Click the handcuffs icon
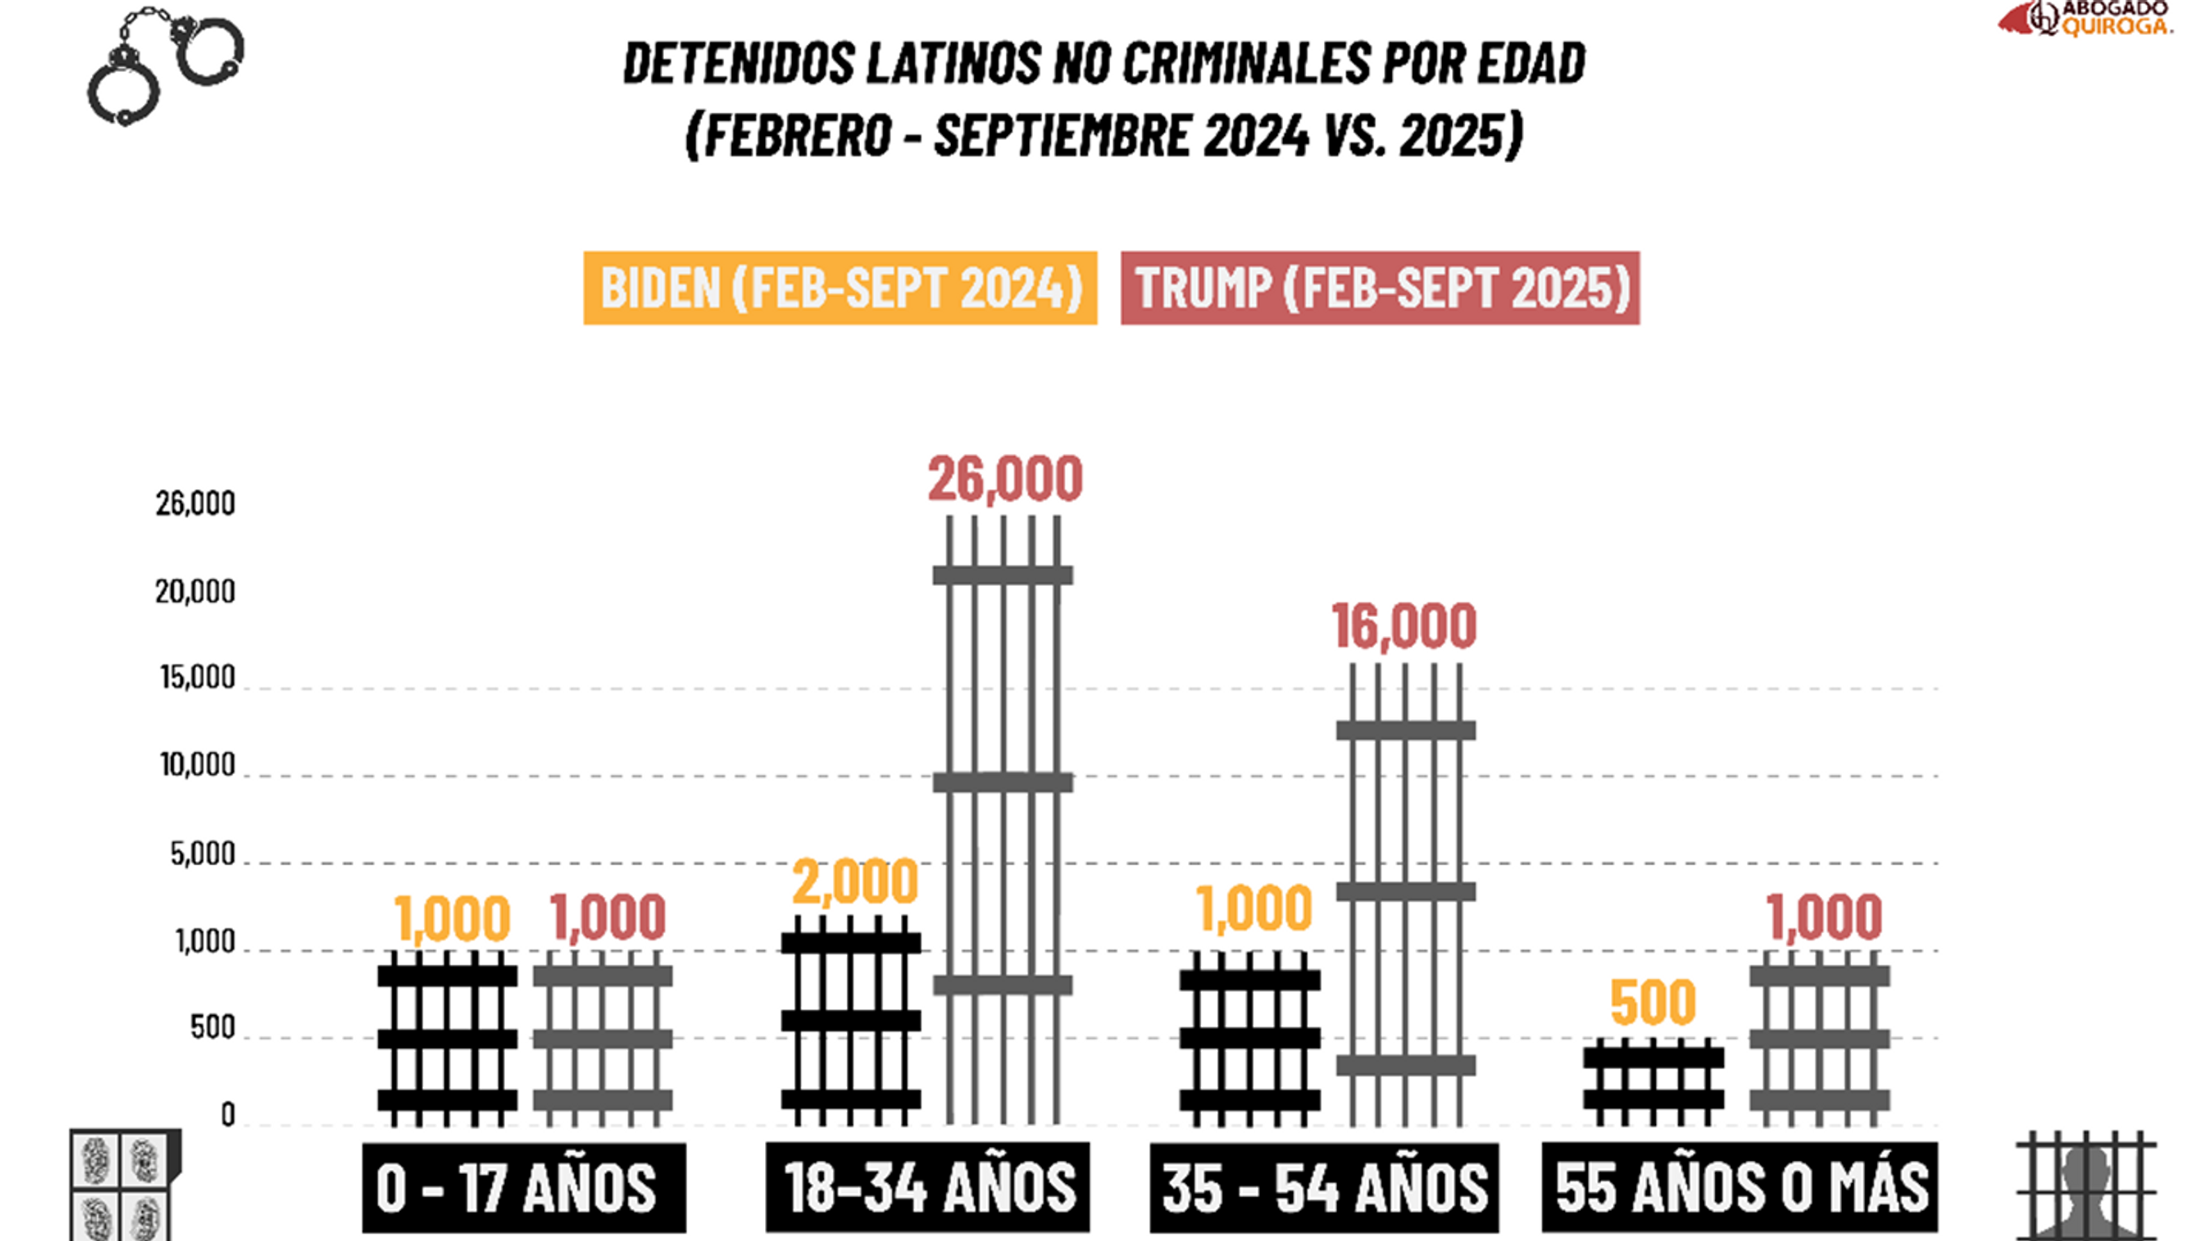tap(166, 66)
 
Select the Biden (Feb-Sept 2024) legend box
tap(840, 288)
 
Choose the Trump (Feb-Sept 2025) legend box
tap(1379, 288)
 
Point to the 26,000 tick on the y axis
tap(195, 504)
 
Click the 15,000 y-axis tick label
tap(198, 677)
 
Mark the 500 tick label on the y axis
tap(212, 1027)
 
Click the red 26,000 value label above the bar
tap(1004, 479)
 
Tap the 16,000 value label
tap(1403, 627)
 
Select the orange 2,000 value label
tap(854, 882)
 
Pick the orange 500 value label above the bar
tap(1652, 1002)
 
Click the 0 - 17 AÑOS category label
tap(523, 1187)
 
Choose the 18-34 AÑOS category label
tap(927, 1187)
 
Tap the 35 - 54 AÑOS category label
tap(1323, 1187)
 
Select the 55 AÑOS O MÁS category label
tap(1739, 1187)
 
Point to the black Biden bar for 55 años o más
tap(1652, 1082)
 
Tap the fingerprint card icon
tap(122, 1186)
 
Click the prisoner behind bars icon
tap(2086, 1186)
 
